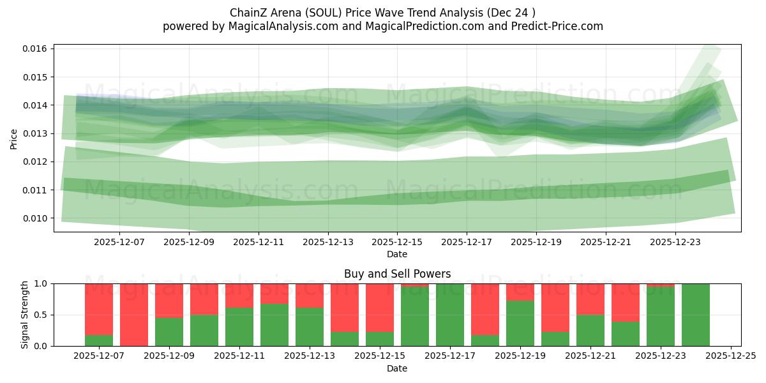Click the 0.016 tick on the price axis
pyautogui.click(x=35, y=49)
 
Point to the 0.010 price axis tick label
pyautogui.click(x=35, y=218)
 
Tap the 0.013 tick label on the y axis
pyautogui.click(x=35, y=133)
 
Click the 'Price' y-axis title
pyautogui.click(x=14, y=138)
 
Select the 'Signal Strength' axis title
pyautogui.click(x=24, y=315)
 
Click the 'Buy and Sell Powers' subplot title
pyautogui.click(x=397, y=274)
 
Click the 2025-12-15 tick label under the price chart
pyautogui.click(x=397, y=242)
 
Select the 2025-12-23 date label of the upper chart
pyautogui.click(x=675, y=242)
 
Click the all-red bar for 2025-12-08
pyautogui.click(x=134, y=315)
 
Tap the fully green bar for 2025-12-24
pyautogui.click(x=696, y=315)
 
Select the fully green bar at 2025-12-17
pyautogui.click(x=450, y=315)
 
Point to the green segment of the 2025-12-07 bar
pyautogui.click(x=99, y=340)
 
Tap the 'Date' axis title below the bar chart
pyautogui.click(x=397, y=368)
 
